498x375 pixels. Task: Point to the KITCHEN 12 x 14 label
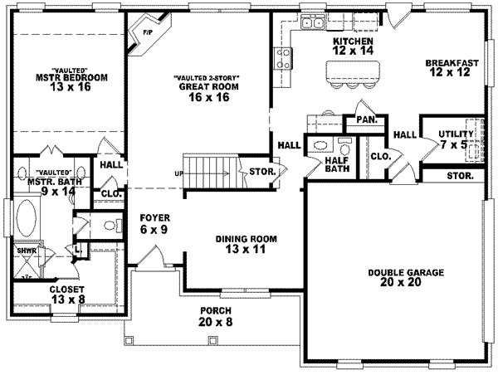pyautogui.click(x=353, y=46)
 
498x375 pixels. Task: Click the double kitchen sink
pyautogui.click(x=313, y=22)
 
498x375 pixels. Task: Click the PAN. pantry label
pyautogui.click(x=367, y=120)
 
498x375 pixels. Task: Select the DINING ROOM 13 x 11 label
pyautogui.click(x=247, y=244)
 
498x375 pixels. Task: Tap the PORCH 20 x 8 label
pyautogui.click(x=214, y=316)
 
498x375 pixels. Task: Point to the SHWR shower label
pyautogui.click(x=25, y=250)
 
